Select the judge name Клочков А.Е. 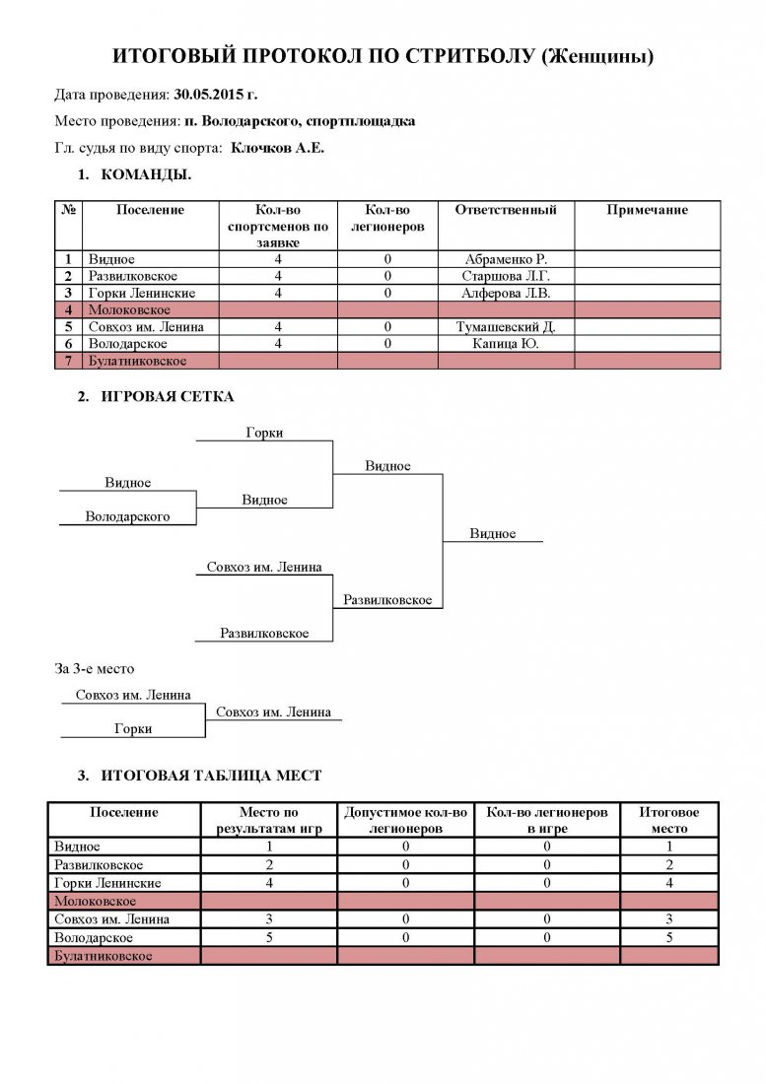click(x=277, y=147)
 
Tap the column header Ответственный click(x=506, y=210)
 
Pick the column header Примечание click(x=647, y=210)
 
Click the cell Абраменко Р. click(x=506, y=259)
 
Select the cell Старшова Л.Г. click(x=506, y=276)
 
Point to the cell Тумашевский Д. click(x=506, y=326)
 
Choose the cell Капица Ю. click(x=506, y=344)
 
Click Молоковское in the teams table click(x=129, y=309)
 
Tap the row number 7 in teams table click(x=68, y=360)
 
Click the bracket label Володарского click(x=127, y=516)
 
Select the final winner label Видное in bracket click(x=492, y=533)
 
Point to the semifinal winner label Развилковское click(x=387, y=599)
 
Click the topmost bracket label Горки click(x=264, y=432)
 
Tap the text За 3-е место click(x=94, y=668)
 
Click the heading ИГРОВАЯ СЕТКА click(x=168, y=396)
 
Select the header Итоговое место click(x=668, y=820)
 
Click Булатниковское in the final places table click(x=103, y=956)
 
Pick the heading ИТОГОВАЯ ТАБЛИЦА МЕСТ click(x=211, y=775)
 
